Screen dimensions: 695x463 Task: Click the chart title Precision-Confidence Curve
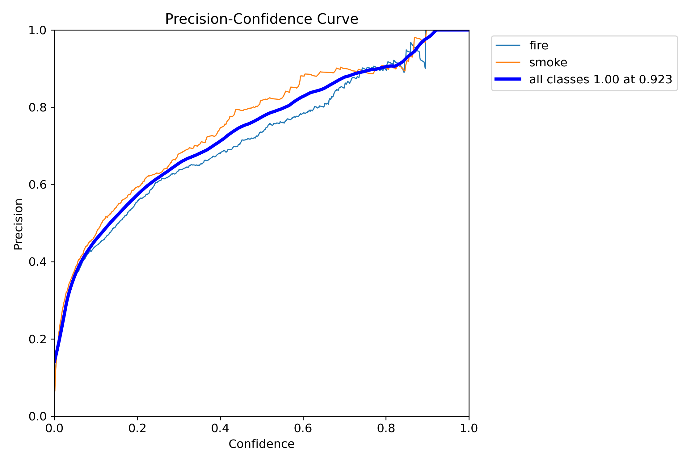tap(262, 19)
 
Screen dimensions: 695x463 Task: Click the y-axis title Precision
tap(18, 224)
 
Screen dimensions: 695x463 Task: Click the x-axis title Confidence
tap(262, 444)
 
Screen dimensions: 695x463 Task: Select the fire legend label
tap(539, 45)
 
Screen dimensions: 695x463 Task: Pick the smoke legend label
tap(548, 62)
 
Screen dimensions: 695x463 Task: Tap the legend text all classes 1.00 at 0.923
tap(601, 79)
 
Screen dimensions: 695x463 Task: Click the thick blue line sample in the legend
tap(508, 79)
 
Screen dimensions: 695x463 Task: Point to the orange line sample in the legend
tap(508, 62)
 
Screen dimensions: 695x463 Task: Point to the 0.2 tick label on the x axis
tap(137, 428)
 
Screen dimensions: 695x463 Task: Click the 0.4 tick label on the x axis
tap(220, 428)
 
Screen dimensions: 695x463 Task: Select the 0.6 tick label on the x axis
tap(303, 428)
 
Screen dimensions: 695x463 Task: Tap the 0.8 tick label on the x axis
tap(386, 428)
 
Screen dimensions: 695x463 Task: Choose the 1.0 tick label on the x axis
tap(469, 428)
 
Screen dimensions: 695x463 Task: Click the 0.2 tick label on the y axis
tap(37, 339)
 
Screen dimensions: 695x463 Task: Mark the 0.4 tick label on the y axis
tap(37, 262)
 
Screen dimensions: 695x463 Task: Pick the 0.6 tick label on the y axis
tap(37, 185)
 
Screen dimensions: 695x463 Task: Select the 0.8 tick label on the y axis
tap(37, 107)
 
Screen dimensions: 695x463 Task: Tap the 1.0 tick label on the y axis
tap(37, 30)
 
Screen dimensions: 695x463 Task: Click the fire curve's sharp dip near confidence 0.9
tap(425, 68)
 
